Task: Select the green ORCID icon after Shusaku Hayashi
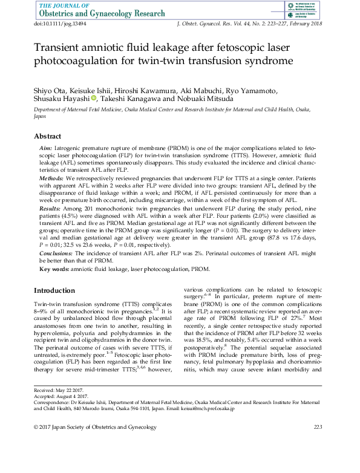94,99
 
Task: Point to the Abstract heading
47,136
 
